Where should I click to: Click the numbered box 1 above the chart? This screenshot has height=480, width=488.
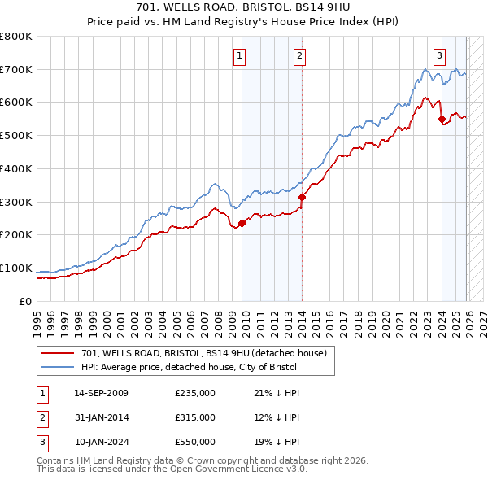[x=241, y=55]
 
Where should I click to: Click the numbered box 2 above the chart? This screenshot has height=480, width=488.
[x=300, y=55]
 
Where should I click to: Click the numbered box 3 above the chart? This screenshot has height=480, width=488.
[x=439, y=55]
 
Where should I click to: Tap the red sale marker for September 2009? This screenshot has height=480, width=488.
[x=242, y=223]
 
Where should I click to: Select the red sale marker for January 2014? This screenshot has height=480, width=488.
[x=302, y=196]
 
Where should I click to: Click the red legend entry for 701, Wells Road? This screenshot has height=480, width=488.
[x=203, y=353]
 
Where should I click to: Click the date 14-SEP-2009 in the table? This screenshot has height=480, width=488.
[x=101, y=393]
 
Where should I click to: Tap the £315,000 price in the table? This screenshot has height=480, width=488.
[x=195, y=417]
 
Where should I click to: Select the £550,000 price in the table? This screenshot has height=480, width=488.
[x=195, y=442]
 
